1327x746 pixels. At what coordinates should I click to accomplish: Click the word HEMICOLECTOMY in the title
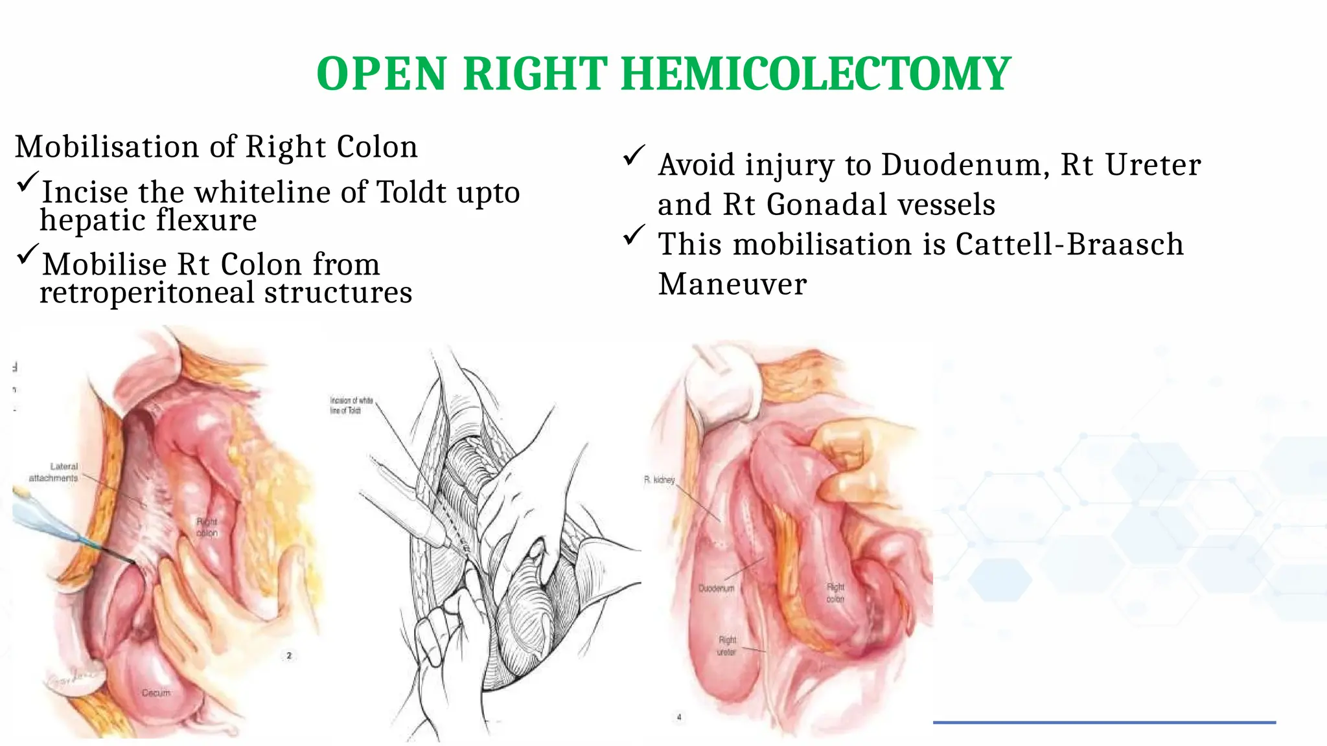pyautogui.click(x=815, y=74)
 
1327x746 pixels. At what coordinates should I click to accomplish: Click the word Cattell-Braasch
pyautogui.click(x=1069, y=245)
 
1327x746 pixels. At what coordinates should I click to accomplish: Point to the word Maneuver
pyautogui.click(x=732, y=284)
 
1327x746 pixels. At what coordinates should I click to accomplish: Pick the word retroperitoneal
pyautogui.click(x=147, y=293)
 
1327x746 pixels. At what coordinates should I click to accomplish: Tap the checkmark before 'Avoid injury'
pyautogui.click(x=634, y=155)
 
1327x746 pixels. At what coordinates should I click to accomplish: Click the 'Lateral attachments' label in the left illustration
pyautogui.click(x=54, y=472)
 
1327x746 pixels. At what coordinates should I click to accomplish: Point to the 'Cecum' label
pyautogui.click(x=156, y=693)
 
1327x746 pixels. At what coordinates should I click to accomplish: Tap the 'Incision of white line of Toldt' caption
pyautogui.click(x=351, y=405)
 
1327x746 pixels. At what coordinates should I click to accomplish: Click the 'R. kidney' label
pyautogui.click(x=659, y=480)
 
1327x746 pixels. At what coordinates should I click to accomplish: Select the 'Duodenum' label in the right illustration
pyautogui.click(x=716, y=589)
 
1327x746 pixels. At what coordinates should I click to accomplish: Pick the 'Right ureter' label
pyautogui.click(x=727, y=646)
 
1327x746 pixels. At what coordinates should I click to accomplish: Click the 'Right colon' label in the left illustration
pyautogui.click(x=207, y=527)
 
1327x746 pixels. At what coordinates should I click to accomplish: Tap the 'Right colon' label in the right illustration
pyautogui.click(x=835, y=593)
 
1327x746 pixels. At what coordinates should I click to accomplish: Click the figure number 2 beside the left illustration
pyautogui.click(x=289, y=655)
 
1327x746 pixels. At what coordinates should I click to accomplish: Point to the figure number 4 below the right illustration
pyautogui.click(x=679, y=717)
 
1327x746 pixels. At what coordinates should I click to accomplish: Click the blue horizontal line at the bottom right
pyautogui.click(x=1104, y=722)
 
